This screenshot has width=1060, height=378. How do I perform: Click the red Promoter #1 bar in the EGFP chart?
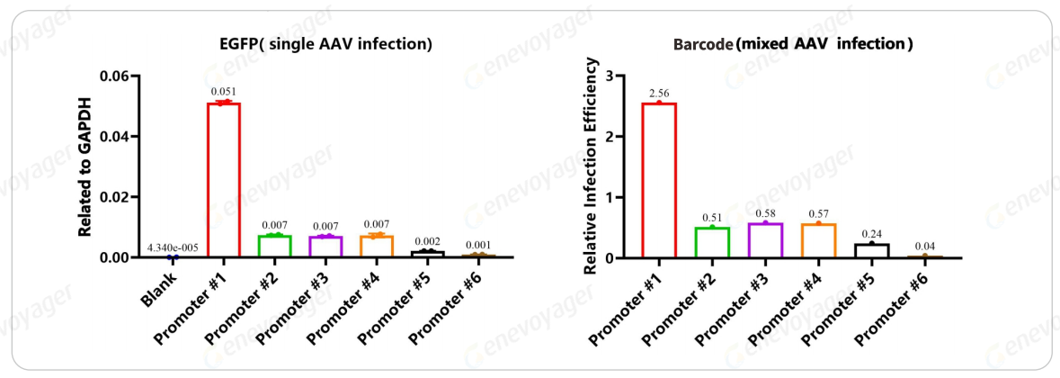[223, 180]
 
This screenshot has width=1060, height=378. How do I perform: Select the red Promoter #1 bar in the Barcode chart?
[659, 180]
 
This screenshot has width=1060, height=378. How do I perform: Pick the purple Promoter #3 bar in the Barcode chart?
[764, 240]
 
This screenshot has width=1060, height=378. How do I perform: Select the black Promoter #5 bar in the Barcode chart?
[871, 250]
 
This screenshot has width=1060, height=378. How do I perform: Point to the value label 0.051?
[223, 92]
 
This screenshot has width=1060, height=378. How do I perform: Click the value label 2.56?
[659, 92]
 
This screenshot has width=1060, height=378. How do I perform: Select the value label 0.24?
[871, 232]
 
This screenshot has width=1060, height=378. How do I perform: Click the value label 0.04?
[924, 245]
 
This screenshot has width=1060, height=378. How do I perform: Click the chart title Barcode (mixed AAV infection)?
[793, 44]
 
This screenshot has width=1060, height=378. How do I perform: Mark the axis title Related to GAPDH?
[85, 167]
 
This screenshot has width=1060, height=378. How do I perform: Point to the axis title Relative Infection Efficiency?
[591, 166]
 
